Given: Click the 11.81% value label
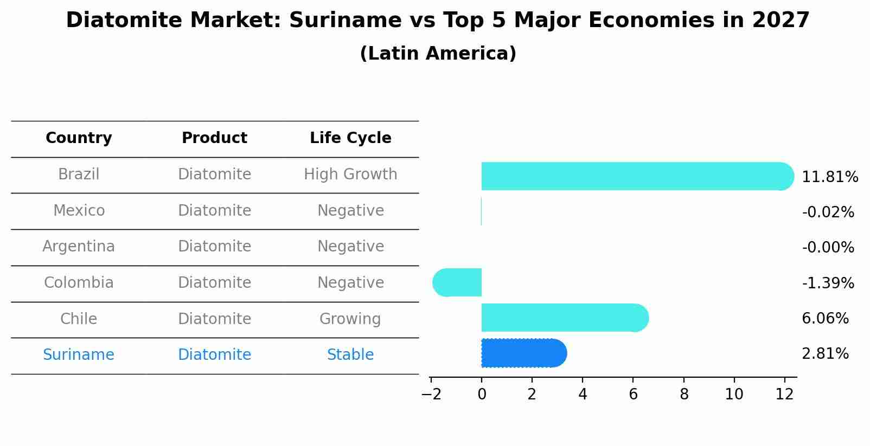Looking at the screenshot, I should pos(830,177).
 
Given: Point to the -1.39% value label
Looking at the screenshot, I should pos(828,283).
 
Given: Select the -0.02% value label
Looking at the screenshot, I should pos(828,212).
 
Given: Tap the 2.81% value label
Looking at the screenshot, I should pos(825,354).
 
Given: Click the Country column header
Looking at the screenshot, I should pos(79,138).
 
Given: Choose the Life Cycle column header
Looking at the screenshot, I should pos(350,138).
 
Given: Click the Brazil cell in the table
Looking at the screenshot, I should pos(79,174).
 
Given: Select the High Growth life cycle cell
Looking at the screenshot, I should pos(350,174).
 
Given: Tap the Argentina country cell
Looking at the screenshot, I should pos(79,247).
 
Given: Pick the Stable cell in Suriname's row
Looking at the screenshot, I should pos(350,355).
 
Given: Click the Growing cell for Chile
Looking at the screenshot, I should pos(350,319).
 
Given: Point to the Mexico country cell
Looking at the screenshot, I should pos(79,210).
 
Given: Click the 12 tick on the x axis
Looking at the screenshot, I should pos(785,394).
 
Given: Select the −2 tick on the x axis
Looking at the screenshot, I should pos(431,394).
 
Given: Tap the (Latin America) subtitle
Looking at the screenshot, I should pos(438,54).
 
